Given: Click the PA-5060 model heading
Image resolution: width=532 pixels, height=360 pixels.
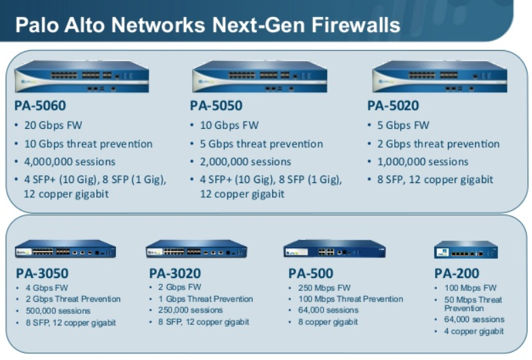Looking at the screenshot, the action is tap(40, 106).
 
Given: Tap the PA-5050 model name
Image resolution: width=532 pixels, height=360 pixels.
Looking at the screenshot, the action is tap(216, 106).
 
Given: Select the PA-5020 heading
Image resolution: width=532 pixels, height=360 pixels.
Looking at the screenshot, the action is tap(394, 106).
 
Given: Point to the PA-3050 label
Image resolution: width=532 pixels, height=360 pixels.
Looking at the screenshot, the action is tap(42, 273).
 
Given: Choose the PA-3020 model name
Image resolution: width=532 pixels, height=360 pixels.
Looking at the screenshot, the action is tap(175, 273).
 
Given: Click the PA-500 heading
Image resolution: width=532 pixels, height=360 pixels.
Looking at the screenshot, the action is tap(311, 273).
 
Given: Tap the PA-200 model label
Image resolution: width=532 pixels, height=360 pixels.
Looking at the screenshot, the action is tap(457, 273).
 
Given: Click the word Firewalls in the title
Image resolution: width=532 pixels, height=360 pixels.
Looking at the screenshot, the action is tap(356, 24).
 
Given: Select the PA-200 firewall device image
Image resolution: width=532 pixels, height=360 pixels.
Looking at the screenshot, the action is tap(465, 249).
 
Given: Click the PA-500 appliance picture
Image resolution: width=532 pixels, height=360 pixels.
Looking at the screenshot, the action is tap(335, 249).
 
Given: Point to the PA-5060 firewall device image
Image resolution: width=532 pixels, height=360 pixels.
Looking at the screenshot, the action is tap(81, 76).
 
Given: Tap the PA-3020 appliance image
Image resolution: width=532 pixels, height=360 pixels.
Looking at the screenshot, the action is tap(197, 249).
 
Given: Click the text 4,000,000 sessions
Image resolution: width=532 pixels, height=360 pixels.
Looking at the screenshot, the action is tap(69, 161).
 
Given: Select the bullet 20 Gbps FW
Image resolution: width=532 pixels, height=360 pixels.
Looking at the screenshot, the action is tap(53, 125).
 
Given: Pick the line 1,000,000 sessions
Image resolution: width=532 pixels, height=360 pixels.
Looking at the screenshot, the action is tap(423, 161).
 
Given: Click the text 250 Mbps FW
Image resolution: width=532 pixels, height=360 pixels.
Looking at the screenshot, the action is tap(324, 287).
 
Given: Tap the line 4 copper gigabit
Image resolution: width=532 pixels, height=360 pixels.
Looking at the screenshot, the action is tap(474, 331).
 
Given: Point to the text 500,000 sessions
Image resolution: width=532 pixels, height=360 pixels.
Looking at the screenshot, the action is tap(58, 311).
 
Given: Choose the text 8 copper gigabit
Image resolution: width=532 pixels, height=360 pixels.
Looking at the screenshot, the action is tap(328, 321).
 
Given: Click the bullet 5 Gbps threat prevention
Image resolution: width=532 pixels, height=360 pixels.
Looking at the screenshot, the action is tap(261, 144).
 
